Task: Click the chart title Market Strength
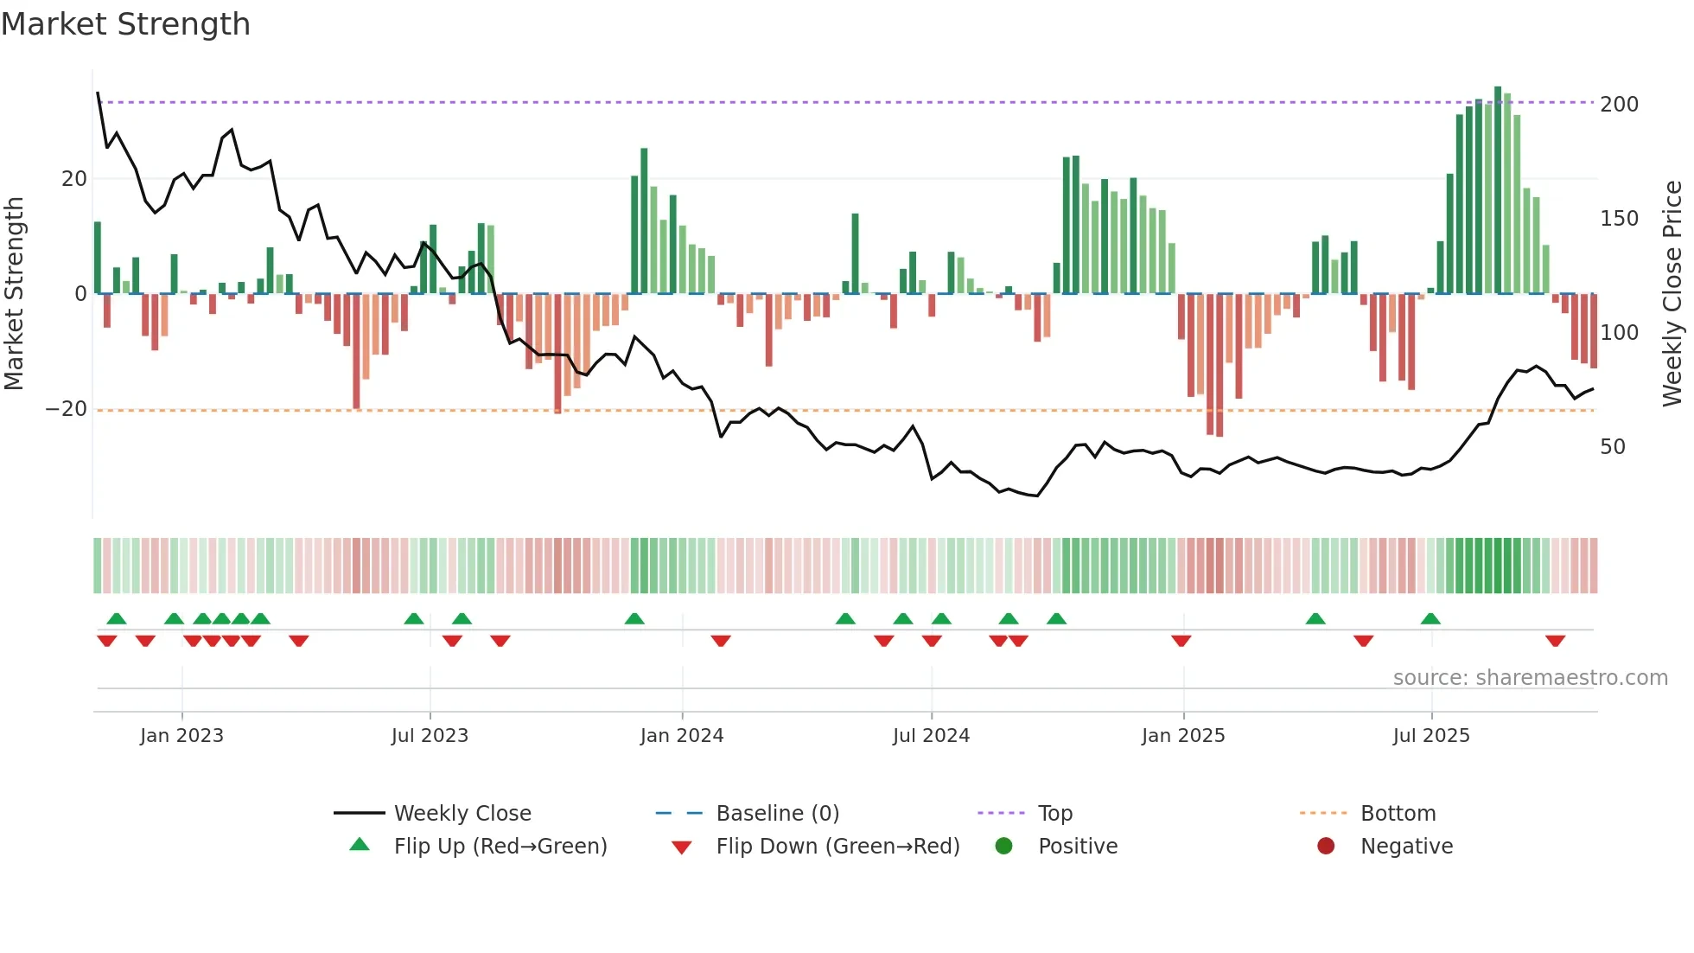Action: point(125,24)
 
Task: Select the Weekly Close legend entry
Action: point(462,813)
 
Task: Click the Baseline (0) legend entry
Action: point(777,813)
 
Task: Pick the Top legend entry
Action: point(1054,813)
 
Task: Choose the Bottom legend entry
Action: point(1398,813)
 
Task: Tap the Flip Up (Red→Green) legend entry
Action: point(500,846)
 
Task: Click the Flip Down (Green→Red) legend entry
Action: point(837,846)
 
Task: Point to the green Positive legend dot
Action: point(1003,846)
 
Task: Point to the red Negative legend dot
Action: point(1326,846)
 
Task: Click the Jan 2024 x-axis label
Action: point(682,735)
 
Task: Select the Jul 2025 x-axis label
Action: point(1431,735)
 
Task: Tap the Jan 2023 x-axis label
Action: point(181,735)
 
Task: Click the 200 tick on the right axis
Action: point(1619,105)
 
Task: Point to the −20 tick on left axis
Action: point(67,409)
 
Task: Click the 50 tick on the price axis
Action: point(1613,447)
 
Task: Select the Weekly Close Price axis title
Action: point(1672,294)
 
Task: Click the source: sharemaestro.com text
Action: point(1530,677)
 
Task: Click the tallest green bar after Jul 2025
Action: point(1498,190)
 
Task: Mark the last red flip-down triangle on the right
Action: point(1555,641)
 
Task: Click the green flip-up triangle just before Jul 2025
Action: point(1430,618)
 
